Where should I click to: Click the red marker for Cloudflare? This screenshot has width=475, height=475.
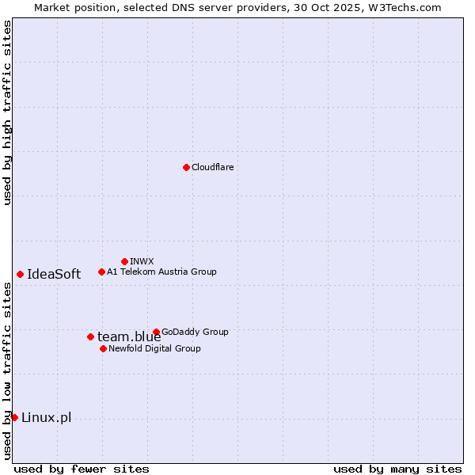(186, 167)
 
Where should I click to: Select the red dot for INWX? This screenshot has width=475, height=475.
(124, 261)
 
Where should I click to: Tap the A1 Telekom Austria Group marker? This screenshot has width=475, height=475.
(101, 272)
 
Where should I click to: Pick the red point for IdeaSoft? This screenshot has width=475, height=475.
(20, 274)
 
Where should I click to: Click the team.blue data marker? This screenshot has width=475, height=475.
(90, 336)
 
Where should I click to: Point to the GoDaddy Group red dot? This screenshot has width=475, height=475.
(156, 332)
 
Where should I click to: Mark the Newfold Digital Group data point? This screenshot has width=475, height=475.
(103, 348)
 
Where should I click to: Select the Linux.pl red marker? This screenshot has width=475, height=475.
(14, 417)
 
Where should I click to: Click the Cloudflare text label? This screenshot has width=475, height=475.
(212, 167)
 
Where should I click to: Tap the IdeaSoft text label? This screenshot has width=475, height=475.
(54, 275)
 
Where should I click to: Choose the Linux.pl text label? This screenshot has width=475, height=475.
(46, 418)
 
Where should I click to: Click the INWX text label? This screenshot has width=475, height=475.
(142, 261)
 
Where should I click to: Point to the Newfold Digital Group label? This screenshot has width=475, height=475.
(154, 348)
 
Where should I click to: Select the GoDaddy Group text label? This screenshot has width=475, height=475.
(195, 332)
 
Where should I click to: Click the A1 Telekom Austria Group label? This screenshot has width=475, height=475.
(161, 272)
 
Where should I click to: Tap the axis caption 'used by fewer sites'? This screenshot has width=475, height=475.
(82, 469)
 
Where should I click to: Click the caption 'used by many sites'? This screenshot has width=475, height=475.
(397, 469)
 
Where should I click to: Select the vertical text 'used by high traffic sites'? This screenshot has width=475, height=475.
(7, 112)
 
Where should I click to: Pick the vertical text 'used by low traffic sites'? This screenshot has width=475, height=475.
(7, 370)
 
